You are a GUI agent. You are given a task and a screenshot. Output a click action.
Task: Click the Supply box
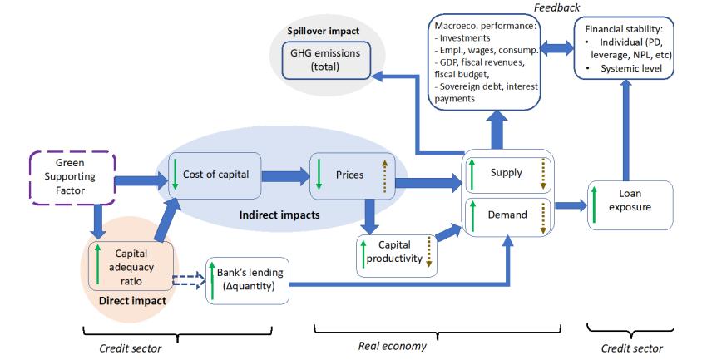[507, 173]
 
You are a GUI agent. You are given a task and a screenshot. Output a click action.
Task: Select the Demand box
[507, 215]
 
